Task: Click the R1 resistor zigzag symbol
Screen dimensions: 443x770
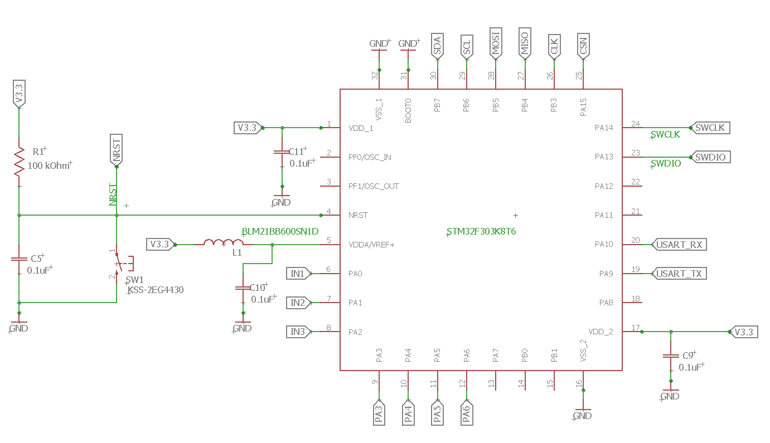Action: [x=20, y=162]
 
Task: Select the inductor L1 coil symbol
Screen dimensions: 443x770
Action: [x=223, y=243]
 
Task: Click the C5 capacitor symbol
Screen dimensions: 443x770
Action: [x=20, y=260]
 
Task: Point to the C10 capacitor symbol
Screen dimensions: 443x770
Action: [x=243, y=289]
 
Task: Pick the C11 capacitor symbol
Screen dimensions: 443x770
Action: [x=282, y=152]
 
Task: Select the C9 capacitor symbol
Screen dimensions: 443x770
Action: [x=671, y=356]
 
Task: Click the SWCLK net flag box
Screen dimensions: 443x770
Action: [x=709, y=128]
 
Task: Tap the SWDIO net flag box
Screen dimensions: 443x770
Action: [x=709, y=157]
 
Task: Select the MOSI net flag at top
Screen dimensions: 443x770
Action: [x=495, y=42]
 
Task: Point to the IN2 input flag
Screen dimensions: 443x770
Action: [x=297, y=303]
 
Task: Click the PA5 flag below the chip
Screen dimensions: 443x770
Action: [x=437, y=413]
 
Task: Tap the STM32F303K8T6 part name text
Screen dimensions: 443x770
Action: [x=481, y=231]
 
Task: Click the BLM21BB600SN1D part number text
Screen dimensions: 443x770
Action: [x=280, y=231]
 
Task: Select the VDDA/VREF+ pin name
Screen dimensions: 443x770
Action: [x=371, y=245]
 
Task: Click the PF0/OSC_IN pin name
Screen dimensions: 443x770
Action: [x=370, y=157]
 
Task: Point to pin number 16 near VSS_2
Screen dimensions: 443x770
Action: [x=579, y=383]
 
